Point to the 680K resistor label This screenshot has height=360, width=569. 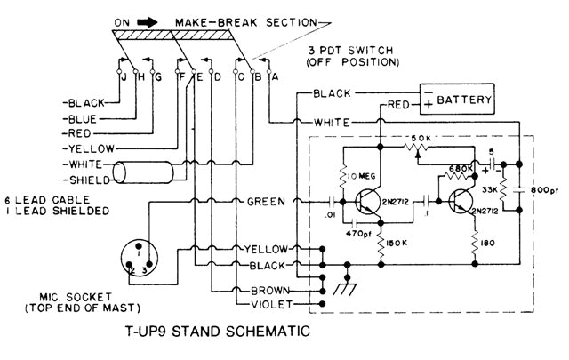point(461,168)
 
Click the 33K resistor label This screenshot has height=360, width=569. point(488,190)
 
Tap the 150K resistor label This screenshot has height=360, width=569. point(397,243)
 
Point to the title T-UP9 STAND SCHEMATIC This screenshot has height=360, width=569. point(218,335)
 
